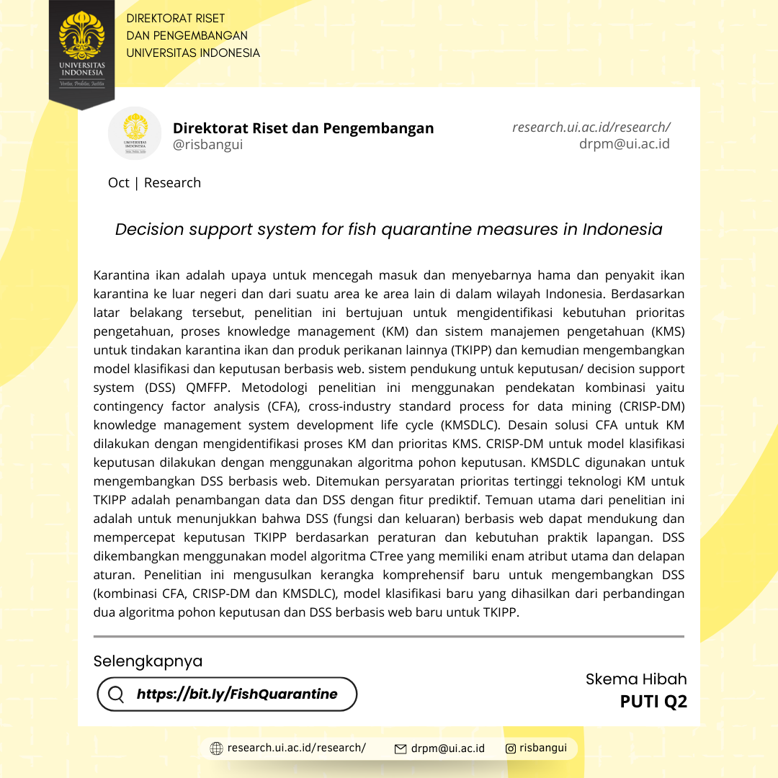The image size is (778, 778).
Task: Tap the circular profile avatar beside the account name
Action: [x=135, y=133]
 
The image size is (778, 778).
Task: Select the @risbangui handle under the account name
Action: [x=207, y=145]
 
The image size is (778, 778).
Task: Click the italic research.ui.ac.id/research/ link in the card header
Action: [x=591, y=128]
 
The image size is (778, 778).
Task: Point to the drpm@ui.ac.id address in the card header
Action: [x=624, y=144]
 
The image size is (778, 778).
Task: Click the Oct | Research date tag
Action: [x=154, y=183]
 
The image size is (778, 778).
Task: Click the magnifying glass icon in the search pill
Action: [x=116, y=694]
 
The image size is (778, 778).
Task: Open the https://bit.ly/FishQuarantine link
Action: [x=237, y=694]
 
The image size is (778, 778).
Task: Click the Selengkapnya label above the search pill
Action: [x=148, y=661]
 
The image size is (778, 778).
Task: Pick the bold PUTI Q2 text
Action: [x=653, y=702]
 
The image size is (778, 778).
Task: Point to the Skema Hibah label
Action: [x=636, y=679]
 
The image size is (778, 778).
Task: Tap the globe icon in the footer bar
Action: [x=216, y=748]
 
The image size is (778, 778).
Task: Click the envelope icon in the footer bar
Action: [x=401, y=749]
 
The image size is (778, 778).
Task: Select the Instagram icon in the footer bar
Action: [x=511, y=748]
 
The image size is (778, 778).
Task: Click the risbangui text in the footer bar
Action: [x=543, y=748]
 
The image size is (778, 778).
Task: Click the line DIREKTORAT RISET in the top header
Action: [x=175, y=19]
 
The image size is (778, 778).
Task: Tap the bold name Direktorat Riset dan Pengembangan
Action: [x=303, y=128]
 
